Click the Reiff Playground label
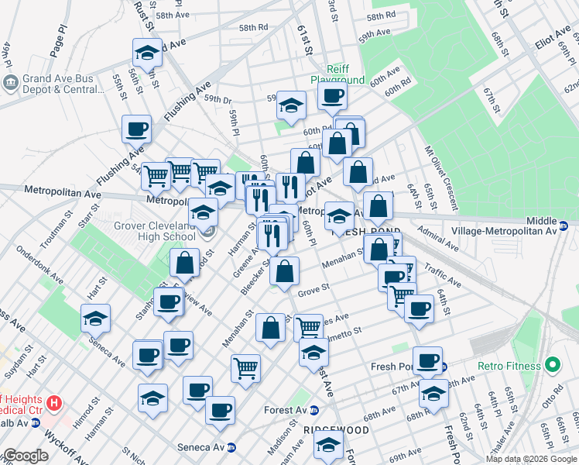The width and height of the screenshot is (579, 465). click(x=337, y=74)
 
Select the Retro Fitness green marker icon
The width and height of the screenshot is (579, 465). click(x=552, y=363)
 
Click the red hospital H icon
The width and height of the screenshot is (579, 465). click(x=53, y=403)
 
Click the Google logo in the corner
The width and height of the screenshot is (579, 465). click(x=26, y=456)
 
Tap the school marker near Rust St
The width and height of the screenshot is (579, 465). click(x=147, y=53)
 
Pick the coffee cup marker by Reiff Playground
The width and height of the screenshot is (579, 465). click(x=333, y=95)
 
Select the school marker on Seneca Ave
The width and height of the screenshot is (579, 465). click(x=95, y=318)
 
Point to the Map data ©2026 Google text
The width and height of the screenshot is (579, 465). click(x=530, y=459)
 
